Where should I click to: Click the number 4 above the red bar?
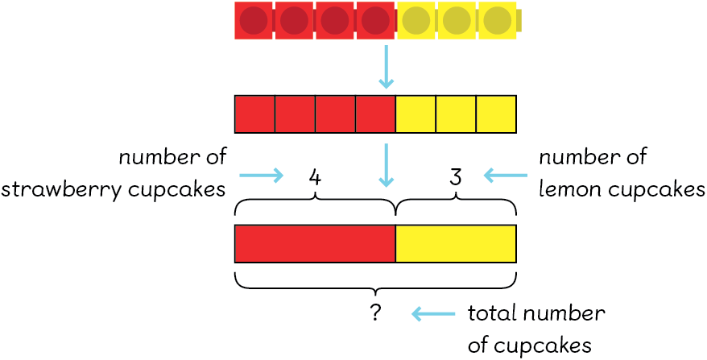tap(316, 176)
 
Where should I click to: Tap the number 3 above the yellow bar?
tap(455, 176)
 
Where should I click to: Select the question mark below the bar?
tap(375, 313)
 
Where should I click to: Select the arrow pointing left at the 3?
tap(505, 175)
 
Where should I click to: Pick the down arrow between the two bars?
tap(387, 165)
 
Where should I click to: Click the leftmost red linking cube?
tap(254, 20)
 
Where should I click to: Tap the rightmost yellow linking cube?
tap(498, 20)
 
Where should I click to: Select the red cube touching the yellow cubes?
tap(374, 20)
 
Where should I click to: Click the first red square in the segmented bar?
tap(254, 114)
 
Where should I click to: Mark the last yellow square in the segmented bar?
tap(496, 114)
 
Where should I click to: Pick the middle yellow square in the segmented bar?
tap(456, 114)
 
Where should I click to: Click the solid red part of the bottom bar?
tap(315, 244)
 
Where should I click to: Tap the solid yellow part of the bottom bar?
tap(456, 244)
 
